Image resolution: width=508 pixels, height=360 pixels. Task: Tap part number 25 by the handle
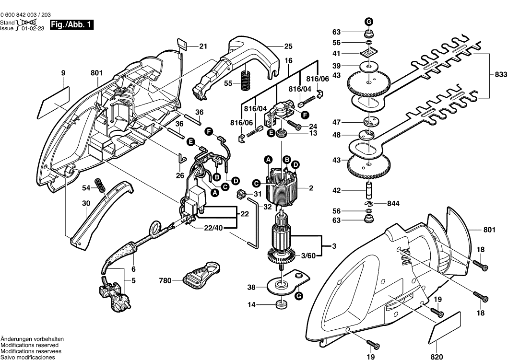288,46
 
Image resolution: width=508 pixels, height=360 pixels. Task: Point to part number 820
437,356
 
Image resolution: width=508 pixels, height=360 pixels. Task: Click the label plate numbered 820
447,327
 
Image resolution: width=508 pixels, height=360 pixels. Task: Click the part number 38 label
251,288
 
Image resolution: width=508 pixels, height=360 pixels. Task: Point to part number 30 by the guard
85,203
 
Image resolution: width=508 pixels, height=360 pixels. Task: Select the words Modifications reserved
30,345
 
